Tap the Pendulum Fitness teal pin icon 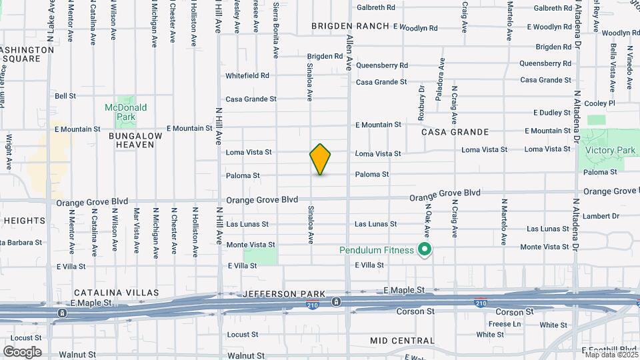(425, 251)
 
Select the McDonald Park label (125, 112)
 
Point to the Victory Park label (610, 151)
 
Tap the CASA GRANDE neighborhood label (455, 132)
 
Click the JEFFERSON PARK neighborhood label (284, 294)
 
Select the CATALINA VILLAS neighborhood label (117, 293)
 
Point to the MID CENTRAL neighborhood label (402, 341)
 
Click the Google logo (22, 352)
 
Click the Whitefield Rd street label (247, 76)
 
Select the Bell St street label (65, 96)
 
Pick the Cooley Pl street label (599, 103)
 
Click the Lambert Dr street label (601, 216)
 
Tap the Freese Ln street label (504, 324)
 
